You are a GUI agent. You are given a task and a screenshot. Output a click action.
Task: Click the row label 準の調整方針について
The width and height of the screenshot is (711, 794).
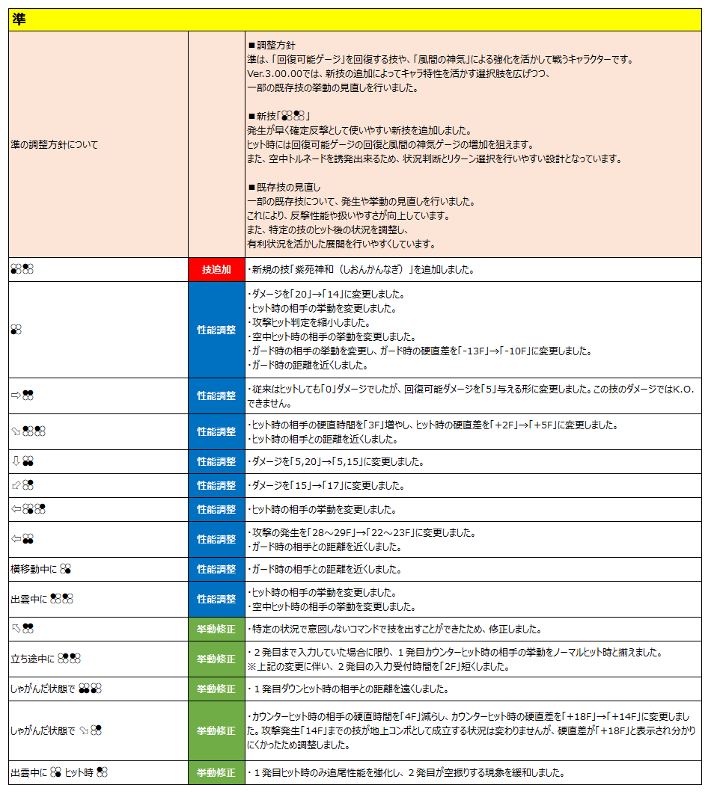point(54,145)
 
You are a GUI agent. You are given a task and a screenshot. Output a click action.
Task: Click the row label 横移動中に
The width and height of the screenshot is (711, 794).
point(34,570)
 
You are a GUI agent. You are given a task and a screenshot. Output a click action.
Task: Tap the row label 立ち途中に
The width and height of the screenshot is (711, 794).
point(33,659)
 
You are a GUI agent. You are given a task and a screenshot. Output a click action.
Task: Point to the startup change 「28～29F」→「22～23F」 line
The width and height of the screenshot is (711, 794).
point(360,532)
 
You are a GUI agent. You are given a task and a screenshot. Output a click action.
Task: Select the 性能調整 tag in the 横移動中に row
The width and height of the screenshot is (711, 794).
point(216,570)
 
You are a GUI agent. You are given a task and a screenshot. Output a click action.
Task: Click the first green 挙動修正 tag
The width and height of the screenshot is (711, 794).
point(216,630)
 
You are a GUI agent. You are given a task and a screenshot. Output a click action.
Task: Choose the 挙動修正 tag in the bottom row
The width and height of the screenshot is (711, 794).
point(216,772)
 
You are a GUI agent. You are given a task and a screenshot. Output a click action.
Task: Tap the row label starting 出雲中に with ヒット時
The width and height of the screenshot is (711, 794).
point(60,772)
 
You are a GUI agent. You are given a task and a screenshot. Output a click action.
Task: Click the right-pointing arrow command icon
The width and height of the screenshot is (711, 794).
point(16,396)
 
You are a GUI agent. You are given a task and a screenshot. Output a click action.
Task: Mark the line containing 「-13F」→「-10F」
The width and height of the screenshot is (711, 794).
point(419,351)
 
